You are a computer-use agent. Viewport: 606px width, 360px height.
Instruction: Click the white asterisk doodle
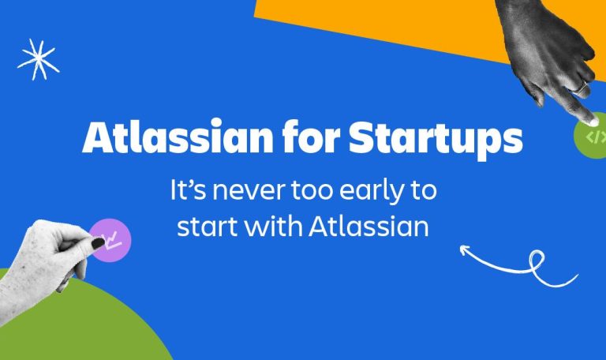coord(38,59)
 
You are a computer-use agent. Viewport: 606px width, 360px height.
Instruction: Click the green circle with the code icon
coord(590,136)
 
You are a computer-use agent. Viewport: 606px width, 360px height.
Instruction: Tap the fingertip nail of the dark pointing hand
coord(593,122)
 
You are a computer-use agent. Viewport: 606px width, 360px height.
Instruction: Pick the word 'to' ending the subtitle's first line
coord(424,191)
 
